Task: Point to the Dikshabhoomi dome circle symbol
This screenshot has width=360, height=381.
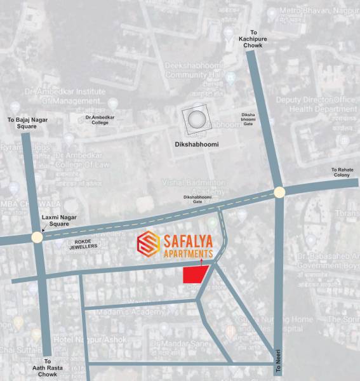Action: coord(196,119)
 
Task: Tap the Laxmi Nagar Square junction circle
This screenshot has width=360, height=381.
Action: coord(37,237)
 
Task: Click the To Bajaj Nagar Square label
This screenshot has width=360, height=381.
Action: coord(27,123)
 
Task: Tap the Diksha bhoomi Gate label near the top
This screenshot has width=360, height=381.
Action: coord(248,119)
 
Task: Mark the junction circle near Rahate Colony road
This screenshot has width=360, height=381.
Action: coord(279,192)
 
